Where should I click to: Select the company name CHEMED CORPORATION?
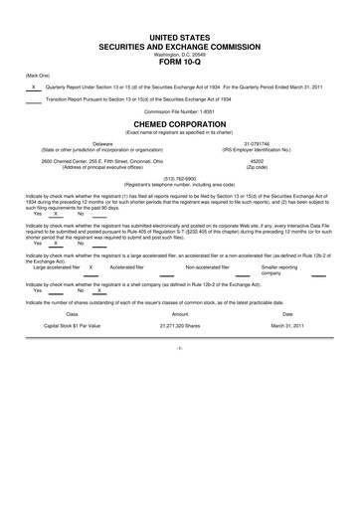tap(180, 126)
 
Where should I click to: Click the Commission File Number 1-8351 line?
tap(180, 110)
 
